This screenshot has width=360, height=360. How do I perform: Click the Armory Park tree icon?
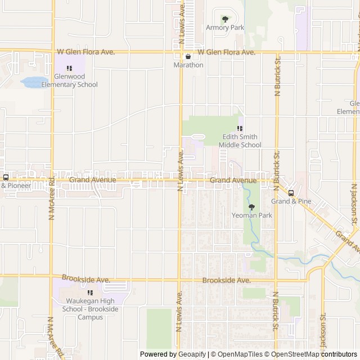click(x=225, y=19)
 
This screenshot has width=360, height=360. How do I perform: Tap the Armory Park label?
click(x=225, y=28)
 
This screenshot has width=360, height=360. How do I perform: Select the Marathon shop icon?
click(x=188, y=56)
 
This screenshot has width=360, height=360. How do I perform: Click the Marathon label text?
click(x=188, y=65)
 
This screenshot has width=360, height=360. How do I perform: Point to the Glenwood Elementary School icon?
click(x=69, y=68)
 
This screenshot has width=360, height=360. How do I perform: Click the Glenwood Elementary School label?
click(x=69, y=80)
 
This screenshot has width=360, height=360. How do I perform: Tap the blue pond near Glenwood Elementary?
click(x=33, y=82)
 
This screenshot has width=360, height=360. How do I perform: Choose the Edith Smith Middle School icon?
click(x=240, y=128)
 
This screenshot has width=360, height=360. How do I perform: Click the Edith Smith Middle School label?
click(x=240, y=141)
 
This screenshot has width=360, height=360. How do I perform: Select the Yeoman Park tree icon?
click(x=251, y=207)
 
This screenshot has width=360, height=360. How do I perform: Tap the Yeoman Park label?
click(x=251, y=215)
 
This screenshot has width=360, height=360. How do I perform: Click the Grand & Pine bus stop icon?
click(x=291, y=193)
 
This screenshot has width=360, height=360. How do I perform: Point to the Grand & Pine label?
click(x=291, y=201)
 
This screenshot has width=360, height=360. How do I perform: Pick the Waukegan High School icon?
click(x=90, y=292)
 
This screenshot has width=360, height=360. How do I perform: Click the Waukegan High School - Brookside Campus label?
click(x=82, y=309)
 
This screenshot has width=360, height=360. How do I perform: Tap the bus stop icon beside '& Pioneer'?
click(x=6, y=177)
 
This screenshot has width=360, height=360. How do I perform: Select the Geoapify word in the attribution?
click(x=192, y=354)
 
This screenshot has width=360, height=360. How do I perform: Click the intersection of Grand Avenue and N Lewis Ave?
click(x=181, y=181)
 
